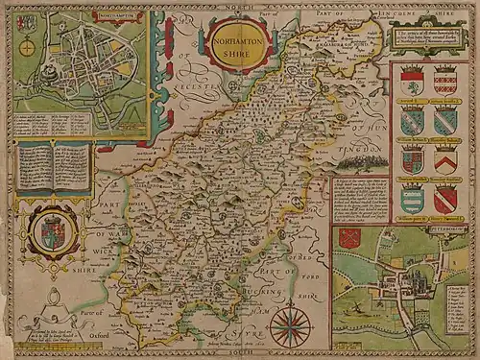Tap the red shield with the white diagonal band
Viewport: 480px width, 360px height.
point(444,199)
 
